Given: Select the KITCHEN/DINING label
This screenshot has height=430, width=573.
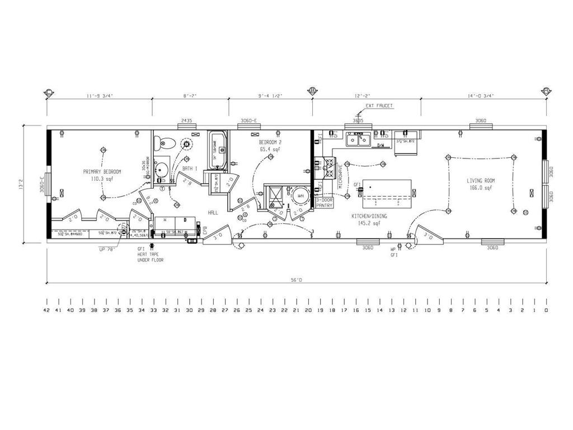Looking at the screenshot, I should [x=369, y=216].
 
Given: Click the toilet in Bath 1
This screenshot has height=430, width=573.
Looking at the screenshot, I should [x=163, y=143].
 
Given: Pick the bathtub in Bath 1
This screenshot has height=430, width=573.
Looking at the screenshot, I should [x=217, y=150].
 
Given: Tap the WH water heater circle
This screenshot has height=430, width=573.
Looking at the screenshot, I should [x=300, y=196].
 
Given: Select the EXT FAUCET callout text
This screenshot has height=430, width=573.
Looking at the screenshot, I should [x=379, y=106].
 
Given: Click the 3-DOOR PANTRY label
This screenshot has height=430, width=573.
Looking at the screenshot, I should [x=325, y=203].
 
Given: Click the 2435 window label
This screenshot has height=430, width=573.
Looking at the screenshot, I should [x=186, y=121].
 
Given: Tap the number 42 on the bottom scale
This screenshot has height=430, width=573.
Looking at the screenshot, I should [x=46, y=310].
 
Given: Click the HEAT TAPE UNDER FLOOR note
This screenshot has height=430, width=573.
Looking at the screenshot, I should [x=150, y=257].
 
